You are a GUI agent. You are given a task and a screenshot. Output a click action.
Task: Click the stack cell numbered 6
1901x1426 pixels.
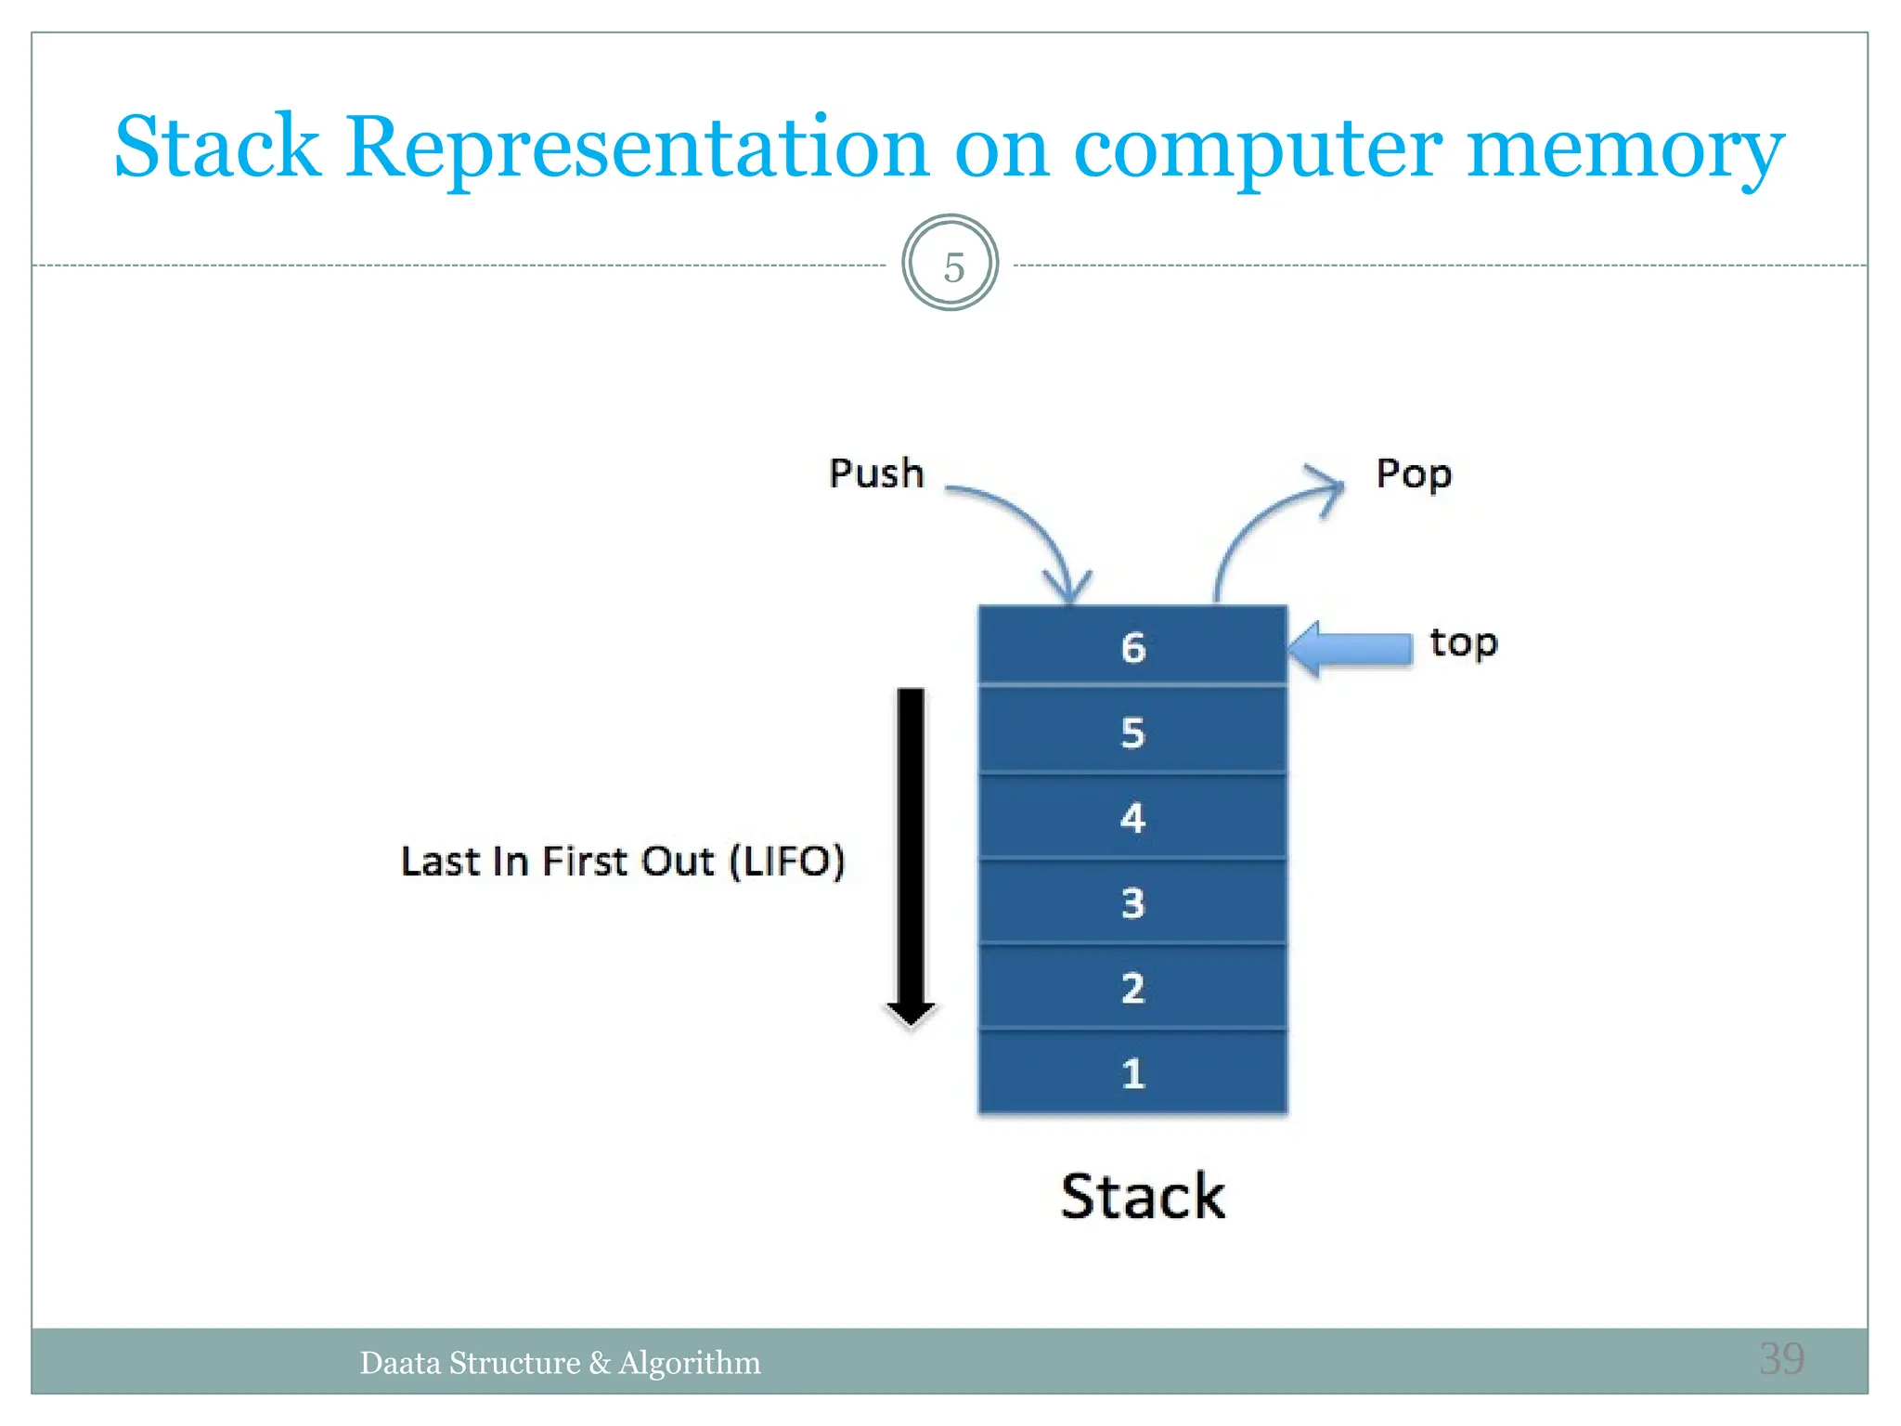pos(1132,646)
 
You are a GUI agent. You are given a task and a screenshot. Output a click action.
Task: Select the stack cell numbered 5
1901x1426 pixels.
pos(1132,732)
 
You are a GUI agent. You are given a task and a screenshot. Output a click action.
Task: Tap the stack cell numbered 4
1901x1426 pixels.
pos(1132,817)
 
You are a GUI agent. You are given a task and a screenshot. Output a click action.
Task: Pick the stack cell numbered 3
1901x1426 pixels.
pos(1132,902)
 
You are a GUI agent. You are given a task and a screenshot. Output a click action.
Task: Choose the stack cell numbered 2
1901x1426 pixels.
pos(1132,987)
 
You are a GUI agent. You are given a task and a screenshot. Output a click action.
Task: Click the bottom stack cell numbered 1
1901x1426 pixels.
pos(1132,1073)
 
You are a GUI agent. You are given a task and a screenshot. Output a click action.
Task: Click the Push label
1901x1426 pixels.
pos(876,473)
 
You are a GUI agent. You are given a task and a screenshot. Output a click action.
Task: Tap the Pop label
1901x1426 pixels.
pos(1413,474)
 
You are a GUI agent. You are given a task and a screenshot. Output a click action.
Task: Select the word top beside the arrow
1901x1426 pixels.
pos(1463,642)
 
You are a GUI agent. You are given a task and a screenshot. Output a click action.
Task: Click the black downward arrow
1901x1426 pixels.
pos(911,854)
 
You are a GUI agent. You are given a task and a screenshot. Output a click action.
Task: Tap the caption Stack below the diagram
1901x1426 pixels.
pos(1143,1197)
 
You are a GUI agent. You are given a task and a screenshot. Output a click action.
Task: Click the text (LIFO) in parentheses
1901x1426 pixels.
pos(787,861)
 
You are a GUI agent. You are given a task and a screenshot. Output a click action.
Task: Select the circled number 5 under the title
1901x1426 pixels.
pos(950,266)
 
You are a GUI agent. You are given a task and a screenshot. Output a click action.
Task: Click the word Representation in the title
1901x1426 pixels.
pos(637,149)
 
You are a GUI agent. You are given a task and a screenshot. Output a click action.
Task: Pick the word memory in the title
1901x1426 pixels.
pos(1624,149)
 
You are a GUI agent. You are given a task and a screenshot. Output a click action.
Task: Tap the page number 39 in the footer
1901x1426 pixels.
pos(1781,1359)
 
